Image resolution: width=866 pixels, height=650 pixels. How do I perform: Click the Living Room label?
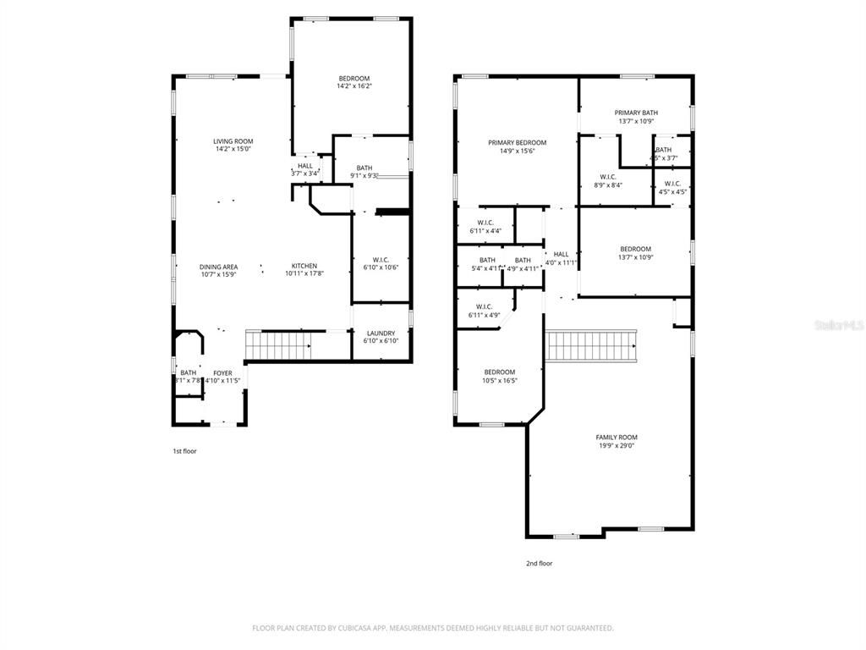click(233, 141)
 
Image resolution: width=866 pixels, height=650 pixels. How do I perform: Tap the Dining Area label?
click(218, 267)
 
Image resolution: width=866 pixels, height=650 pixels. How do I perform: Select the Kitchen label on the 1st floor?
click(304, 266)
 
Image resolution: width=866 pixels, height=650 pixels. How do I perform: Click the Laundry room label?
click(380, 333)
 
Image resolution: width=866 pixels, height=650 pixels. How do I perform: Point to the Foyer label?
click(222, 373)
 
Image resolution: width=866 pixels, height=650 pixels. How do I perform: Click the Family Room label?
click(616, 438)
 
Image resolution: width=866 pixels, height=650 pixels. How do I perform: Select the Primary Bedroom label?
click(517, 143)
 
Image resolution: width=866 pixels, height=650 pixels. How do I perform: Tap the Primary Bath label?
click(636, 113)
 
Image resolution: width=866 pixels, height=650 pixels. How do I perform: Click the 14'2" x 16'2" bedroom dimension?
click(354, 85)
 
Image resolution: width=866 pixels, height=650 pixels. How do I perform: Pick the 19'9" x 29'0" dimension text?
click(616, 445)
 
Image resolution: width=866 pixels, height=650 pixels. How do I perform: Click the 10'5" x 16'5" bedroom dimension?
click(499, 380)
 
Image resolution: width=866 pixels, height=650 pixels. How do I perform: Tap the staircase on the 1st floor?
click(277, 346)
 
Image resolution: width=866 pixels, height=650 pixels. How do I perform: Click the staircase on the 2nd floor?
click(591, 345)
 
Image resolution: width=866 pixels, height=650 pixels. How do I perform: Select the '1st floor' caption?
click(184, 451)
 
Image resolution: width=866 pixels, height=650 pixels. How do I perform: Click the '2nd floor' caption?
click(539, 563)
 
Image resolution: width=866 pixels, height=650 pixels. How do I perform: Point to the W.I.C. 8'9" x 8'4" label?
click(608, 180)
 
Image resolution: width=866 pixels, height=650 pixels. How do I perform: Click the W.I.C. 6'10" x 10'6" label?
click(380, 263)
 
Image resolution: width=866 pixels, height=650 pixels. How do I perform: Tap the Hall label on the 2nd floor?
click(561, 254)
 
